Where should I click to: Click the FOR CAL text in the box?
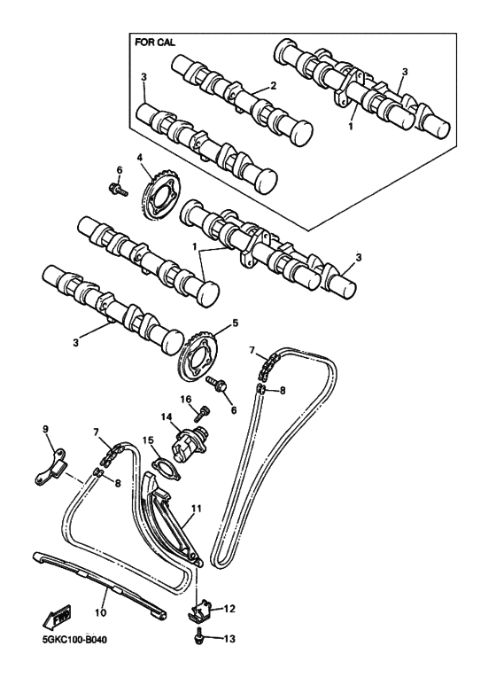(155, 42)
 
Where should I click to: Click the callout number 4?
(139, 159)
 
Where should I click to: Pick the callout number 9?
(45, 432)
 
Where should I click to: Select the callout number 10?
(99, 612)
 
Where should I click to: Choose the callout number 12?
(229, 609)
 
